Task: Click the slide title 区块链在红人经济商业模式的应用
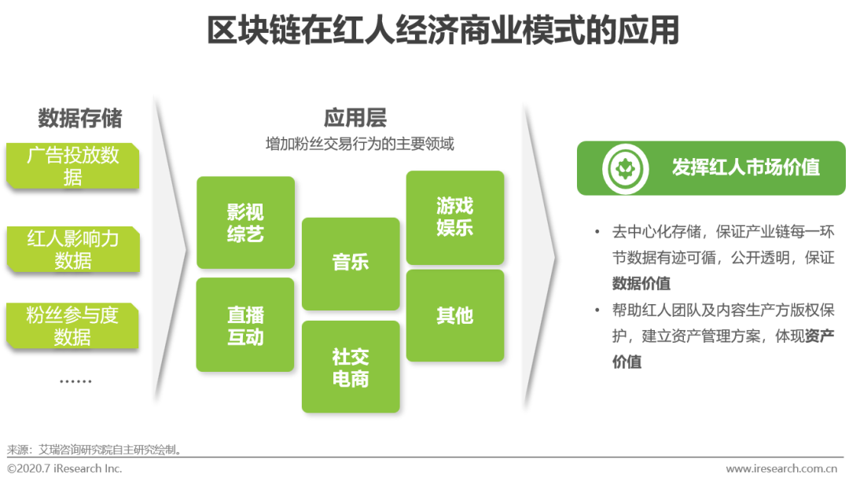click(x=443, y=30)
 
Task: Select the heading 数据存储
click(x=80, y=118)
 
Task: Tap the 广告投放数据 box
click(x=73, y=166)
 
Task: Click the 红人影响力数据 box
click(x=73, y=249)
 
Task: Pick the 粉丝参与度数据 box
click(x=72, y=325)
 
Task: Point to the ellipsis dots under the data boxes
click(x=75, y=381)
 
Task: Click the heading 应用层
click(x=355, y=117)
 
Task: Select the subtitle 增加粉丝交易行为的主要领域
click(x=359, y=144)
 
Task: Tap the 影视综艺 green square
click(x=245, y=222)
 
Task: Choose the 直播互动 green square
click(x=245, y=325)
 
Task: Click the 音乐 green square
click(x=351, y=263)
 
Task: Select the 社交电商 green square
click(x=351, y=367)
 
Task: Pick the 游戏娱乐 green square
click(x=455, y=218)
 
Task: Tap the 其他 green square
click(x=455, y=315)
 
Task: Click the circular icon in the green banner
click(x=626, y=168)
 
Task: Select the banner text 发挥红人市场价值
click(x=745, y=167)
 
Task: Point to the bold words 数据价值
click(x=641, y=283)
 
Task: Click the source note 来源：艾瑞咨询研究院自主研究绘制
click(x=94, y=450)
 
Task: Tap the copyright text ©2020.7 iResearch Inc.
click(x=64, y=468)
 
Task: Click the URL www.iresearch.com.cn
click(x=781, y=468)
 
